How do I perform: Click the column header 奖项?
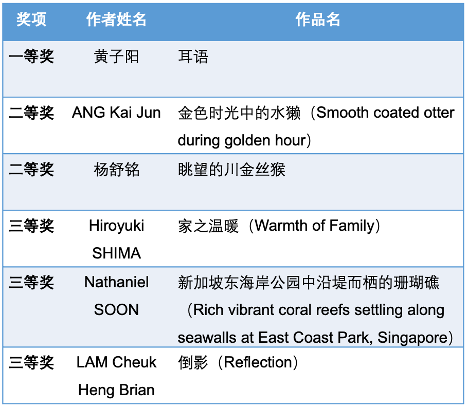(31, 20)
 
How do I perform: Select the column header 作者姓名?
(116, 20)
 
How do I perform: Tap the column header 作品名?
(318, 20)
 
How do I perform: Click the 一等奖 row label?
(31, 56)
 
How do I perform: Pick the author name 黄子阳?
(116, 57)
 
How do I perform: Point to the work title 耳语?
(193, 57)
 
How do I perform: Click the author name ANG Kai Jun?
(116, 113)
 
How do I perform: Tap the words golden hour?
(265, 140)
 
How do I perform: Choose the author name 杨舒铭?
(116, 170)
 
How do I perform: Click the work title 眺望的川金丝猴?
(231, 170)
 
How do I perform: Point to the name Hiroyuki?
(116, 226)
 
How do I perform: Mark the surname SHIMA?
(116, 253)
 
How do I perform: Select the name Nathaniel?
(116, 282)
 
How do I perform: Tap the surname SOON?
(116, 310)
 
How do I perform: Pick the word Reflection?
(258, 362)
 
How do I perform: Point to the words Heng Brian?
(116, 390)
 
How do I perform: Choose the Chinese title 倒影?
(193, 362)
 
